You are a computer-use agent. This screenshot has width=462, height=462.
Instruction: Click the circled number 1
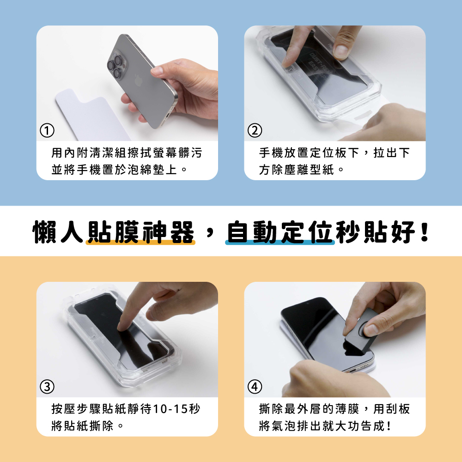point(47,131)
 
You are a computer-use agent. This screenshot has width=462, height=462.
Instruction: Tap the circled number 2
point(255,131)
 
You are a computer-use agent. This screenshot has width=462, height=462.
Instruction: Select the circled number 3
point(47,387)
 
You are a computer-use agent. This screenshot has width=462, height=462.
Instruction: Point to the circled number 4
point(255,387)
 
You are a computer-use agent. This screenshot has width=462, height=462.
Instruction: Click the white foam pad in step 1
point(91,115)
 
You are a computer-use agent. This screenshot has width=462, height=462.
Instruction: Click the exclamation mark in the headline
point(425,232)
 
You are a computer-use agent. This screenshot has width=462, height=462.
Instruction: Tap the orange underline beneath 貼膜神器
point(140,243)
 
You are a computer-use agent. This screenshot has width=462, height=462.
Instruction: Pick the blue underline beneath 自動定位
point(280,243)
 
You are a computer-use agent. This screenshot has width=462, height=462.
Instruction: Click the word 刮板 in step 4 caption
point(398,409)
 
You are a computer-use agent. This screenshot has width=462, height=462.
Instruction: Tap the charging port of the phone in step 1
point(164,119)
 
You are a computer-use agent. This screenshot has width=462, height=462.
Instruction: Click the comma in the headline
point(210,233)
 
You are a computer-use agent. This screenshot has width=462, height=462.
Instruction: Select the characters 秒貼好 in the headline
point(377,232)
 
